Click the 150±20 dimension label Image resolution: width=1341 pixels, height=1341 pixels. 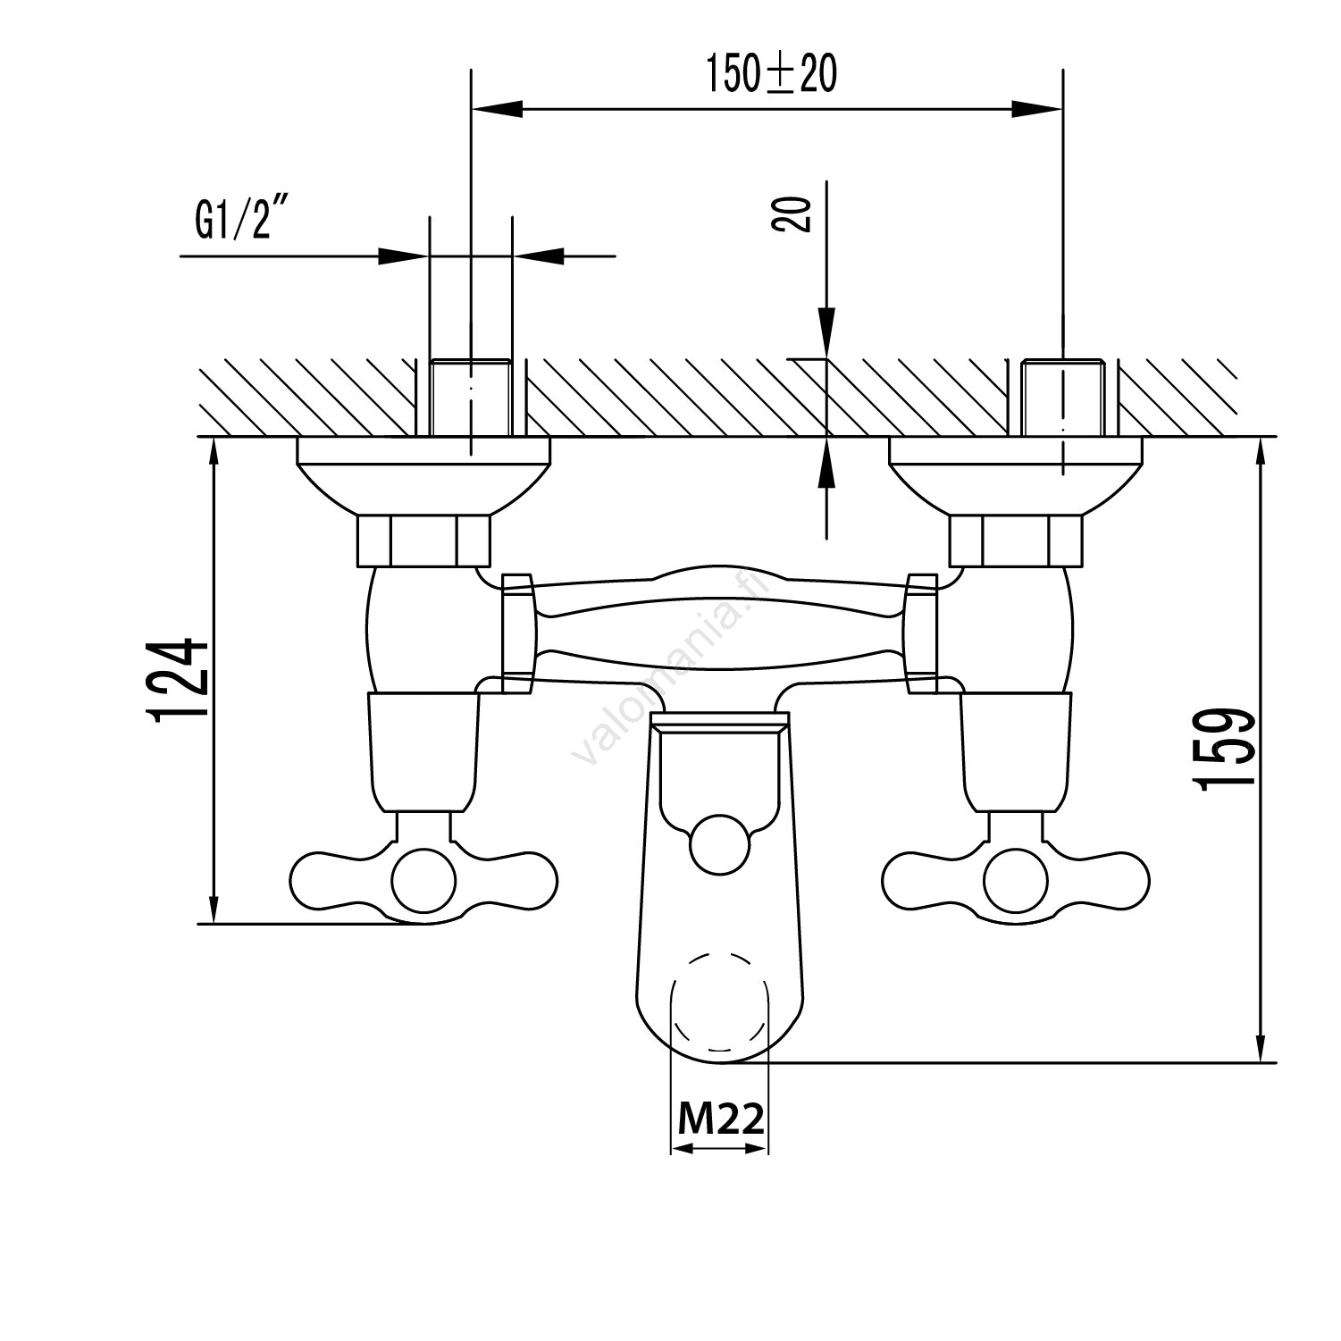[771, 74]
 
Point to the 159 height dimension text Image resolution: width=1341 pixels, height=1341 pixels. [1226, 749]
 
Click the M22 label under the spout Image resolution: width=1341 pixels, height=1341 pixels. [720, 1117]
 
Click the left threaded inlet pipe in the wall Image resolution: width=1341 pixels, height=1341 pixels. [472, 398]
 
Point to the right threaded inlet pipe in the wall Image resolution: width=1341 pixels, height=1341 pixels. [1063, 398]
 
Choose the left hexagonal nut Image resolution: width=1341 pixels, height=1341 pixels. [423, 541]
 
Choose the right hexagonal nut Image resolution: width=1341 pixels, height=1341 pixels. [1016, 541]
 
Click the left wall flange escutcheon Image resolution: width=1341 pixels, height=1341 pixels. [423, 474]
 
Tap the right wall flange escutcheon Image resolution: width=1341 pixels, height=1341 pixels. [1016, 474]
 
